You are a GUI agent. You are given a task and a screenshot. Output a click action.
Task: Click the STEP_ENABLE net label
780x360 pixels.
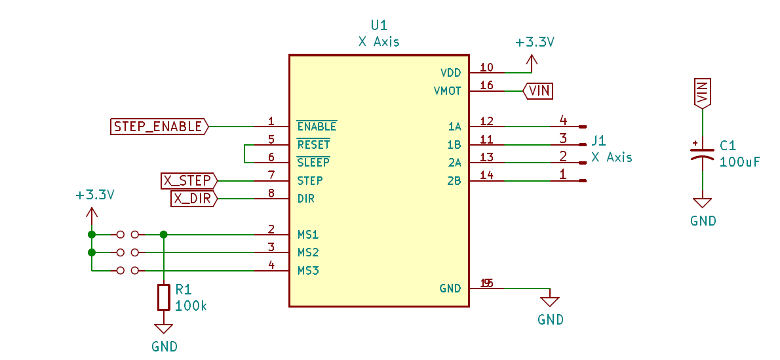159,127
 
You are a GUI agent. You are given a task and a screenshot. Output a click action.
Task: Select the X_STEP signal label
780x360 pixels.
188,180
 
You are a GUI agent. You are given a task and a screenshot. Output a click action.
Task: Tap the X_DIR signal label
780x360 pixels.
193,199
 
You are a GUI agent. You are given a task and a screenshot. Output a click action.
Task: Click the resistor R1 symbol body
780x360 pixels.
163,297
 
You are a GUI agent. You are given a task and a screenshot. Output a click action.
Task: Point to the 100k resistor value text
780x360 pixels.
191,306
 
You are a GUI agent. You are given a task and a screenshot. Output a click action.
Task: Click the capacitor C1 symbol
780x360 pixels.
702,153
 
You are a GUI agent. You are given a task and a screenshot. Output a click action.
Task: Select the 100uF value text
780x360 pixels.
739,161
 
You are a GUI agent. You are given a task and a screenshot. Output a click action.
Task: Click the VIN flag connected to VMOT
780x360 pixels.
538,90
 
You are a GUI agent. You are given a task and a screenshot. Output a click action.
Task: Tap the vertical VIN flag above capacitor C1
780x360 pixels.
702,93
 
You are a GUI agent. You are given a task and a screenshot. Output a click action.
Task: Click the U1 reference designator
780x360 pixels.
379,26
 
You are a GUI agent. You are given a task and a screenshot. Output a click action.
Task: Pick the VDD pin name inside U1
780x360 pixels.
451,73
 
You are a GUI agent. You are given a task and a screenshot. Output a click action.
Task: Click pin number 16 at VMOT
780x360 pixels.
486,85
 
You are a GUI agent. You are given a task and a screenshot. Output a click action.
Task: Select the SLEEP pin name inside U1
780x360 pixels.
313,163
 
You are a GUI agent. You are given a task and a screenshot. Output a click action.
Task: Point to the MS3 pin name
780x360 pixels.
308,270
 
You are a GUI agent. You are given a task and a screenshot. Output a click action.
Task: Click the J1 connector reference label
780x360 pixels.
598,140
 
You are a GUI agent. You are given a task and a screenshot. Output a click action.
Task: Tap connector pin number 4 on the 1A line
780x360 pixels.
562,121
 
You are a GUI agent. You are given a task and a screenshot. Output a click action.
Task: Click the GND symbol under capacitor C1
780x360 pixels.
702,204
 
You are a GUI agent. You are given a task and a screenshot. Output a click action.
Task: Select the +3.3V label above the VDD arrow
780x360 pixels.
535,43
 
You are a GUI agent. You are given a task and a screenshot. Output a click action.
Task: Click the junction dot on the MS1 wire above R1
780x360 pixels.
163,234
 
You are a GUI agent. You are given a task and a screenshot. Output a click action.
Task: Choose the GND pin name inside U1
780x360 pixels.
450,289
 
